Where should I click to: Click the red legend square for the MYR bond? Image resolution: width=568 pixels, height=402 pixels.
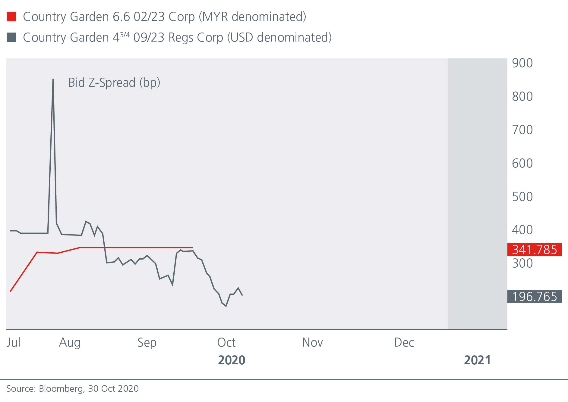click(x=11, y=17)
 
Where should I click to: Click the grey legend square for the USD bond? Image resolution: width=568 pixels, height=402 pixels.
click(x=11, y=37)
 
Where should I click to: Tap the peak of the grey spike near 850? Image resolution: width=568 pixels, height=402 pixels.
click(x=53, y=79)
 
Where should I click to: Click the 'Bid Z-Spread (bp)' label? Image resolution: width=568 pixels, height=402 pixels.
click(x=114, y=83)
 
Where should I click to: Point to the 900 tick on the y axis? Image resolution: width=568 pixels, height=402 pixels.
click(x=522, y=63)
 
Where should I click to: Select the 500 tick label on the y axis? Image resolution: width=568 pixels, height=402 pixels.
click(x=522, y=197)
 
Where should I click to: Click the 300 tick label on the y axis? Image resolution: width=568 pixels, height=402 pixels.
click(x=522, y=263)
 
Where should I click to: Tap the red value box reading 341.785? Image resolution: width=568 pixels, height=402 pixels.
click(x=534, y=250)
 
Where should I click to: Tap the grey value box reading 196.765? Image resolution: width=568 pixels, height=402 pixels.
click(x=534, y=297)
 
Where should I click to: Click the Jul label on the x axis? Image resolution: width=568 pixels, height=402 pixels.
click(x=13, y=342)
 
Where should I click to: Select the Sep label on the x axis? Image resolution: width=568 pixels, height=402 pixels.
click(x=147, y=342)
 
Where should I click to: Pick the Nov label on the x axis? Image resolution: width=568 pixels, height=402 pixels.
click(x=312, y=342)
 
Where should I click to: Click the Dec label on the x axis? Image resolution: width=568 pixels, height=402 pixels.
click(x=404, y=342)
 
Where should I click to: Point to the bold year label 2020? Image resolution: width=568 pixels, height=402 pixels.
click(x=231, y=360)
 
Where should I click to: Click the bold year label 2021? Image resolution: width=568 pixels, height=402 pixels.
click(x=477, y=360)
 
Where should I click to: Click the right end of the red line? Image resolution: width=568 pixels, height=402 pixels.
click(x=193, y=248)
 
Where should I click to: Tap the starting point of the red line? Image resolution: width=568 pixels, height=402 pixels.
click(x=11, y=291)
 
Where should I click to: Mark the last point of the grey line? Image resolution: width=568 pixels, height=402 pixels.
click(x=242, y=295)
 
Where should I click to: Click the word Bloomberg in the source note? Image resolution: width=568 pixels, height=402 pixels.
click(x=62, y=389)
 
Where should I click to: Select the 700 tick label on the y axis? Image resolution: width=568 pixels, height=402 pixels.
click(x=522, y=130)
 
